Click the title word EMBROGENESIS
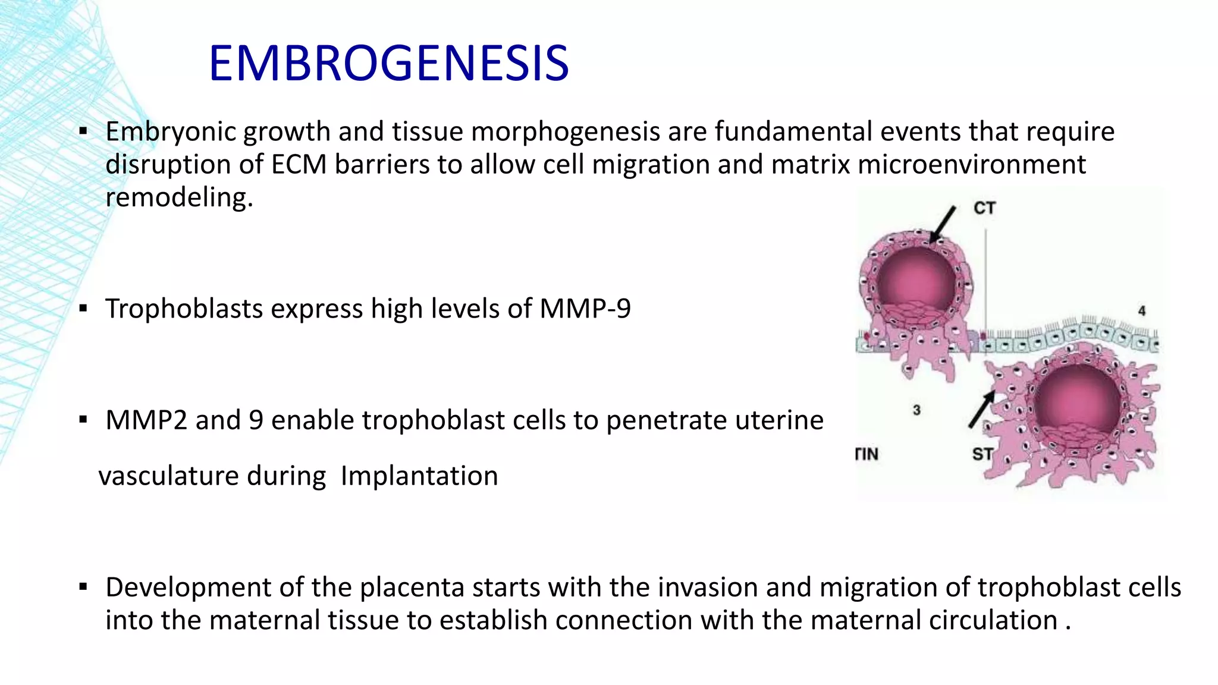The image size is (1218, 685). tap(389, 64)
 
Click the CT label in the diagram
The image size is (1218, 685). tap(984, 208)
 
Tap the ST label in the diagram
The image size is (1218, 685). tap(982, 454)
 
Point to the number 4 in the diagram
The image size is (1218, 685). tap(1141, 311)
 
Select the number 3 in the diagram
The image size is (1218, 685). tap(916, 410)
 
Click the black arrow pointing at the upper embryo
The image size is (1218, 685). tap(943, 224)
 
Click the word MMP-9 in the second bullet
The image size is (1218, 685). tap(585, 309)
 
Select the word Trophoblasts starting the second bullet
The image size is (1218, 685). tap(184, 309)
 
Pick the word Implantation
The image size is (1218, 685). tap(419, 476)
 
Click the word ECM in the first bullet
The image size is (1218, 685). tap(299, 165)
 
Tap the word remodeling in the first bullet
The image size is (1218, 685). tap(179, 197)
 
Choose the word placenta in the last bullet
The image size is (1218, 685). tap(412, 587)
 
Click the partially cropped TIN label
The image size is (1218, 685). tap(867, 454)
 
